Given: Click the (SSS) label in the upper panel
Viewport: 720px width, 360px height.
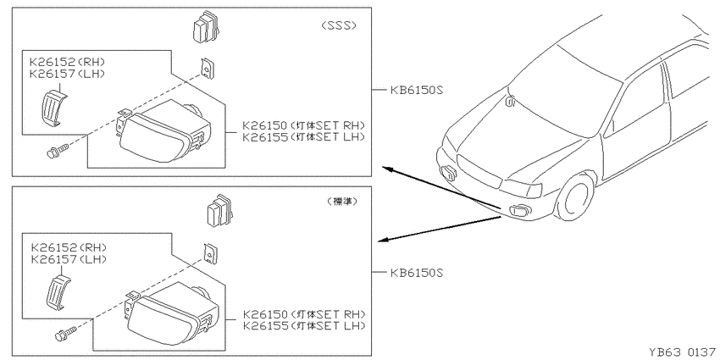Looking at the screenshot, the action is click(339, 25).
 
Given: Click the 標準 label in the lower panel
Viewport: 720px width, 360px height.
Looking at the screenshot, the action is click(342, 201).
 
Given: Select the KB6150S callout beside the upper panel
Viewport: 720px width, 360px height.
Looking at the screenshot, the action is click(417, 90).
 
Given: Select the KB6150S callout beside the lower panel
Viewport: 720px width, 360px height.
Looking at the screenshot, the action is click(417, 273).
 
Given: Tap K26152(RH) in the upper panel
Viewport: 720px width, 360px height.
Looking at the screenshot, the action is click(67, 62).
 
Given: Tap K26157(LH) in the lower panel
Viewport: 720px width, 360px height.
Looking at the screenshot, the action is click(69, 259).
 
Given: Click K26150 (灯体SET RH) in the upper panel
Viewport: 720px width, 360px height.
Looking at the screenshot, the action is click(303, 125).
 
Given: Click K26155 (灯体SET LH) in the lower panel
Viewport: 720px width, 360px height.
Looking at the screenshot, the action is click(304, 325).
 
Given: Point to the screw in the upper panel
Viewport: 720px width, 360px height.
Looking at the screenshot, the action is click(58, 151).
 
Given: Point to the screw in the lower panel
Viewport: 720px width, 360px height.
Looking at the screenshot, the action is click(66, 334).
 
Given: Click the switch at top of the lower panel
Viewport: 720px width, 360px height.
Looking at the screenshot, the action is click(220, 211).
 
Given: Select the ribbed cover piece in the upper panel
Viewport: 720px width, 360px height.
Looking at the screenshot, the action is click(53, 107).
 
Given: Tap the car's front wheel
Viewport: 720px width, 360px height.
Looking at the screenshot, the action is click(576, 196).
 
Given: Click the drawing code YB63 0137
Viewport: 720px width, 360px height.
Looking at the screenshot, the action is click(682, 352).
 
